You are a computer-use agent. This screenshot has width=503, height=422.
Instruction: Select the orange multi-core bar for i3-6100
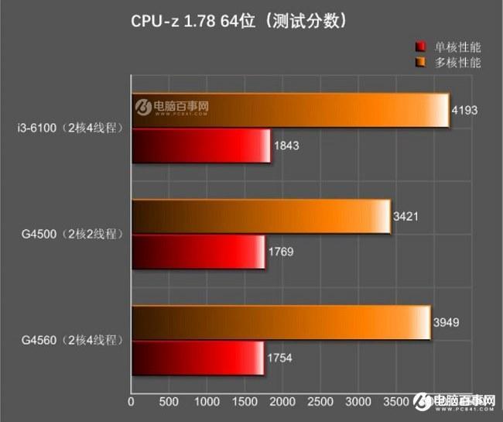coord(290,110)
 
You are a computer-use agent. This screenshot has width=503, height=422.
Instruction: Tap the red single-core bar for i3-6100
coord(201,146)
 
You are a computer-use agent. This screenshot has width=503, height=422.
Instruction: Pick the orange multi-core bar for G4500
coord(262,216)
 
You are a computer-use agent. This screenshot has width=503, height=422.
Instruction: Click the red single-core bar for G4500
coord(198,252)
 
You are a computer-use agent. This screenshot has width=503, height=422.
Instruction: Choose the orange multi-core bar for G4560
coord(281,322)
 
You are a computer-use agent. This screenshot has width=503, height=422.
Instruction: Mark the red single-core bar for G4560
coord(197,358)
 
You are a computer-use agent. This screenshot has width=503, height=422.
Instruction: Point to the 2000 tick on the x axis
coord(282,403)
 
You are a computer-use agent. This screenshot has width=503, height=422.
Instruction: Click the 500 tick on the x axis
coord(169,403)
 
